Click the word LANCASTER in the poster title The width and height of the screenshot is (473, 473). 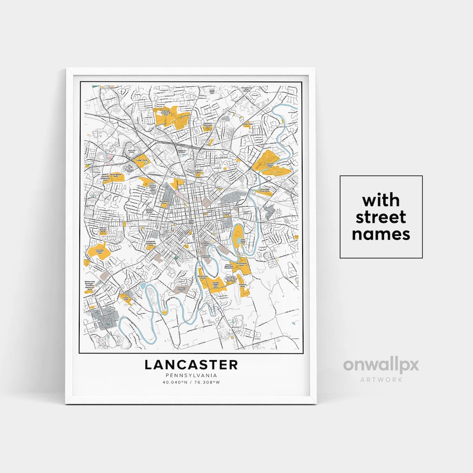pyautogui.click(x=191, y=364)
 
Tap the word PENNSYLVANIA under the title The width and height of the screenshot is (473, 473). pyautogui.click(x=191, y=375)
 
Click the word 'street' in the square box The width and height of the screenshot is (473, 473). pyautogui.click(x=381, y=217)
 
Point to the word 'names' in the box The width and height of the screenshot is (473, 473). pyautogui.click(x=381, y=234)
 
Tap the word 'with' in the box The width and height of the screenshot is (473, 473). pyautogui.click(x=381, y=201)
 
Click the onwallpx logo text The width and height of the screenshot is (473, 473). pyautogui.click(x=381, y=365)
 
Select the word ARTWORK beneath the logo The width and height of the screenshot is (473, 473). pyautogui.click(x=381, y=379)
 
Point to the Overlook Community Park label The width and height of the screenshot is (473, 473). pyautogui.click(x=166, y=112)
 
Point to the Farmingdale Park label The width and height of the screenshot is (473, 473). pyautogui.click(x=116, y=175)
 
